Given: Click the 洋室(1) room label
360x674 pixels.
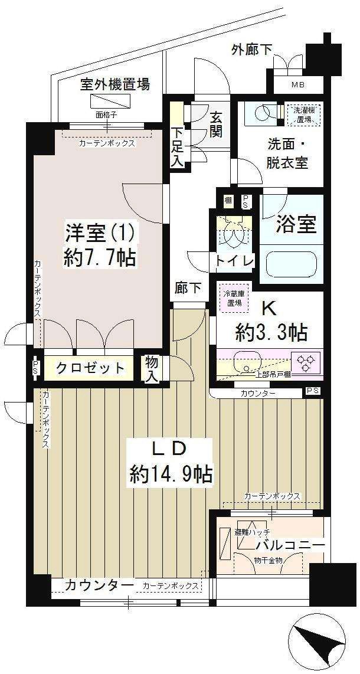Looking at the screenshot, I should click(100, 233).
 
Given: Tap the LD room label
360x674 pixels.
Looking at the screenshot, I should click(170, 449).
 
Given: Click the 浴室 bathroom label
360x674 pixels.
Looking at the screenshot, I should click(296, 224).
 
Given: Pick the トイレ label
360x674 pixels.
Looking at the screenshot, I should click(235, 260).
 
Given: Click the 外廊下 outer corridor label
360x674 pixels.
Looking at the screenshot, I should click(252, 50).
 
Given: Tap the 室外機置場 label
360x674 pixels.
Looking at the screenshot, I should click(115, 84).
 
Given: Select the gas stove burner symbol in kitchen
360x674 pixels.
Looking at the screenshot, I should click(307, 362).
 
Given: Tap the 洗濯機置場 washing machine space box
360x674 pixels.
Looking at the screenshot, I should click(301, 114).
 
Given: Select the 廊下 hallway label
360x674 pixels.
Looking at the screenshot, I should click(188, 289).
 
